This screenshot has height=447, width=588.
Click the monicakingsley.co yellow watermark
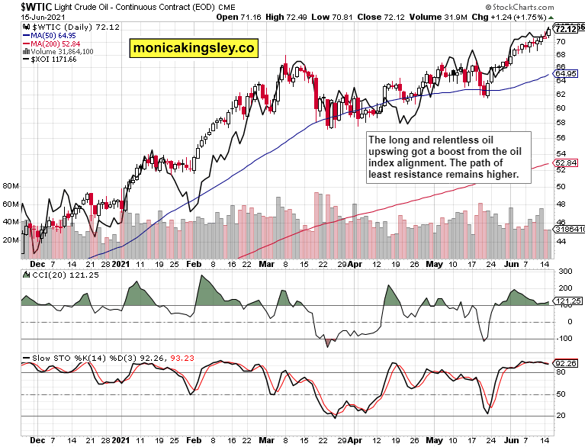194,48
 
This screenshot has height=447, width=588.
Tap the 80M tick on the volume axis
11,186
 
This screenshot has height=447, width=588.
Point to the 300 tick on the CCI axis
565,272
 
